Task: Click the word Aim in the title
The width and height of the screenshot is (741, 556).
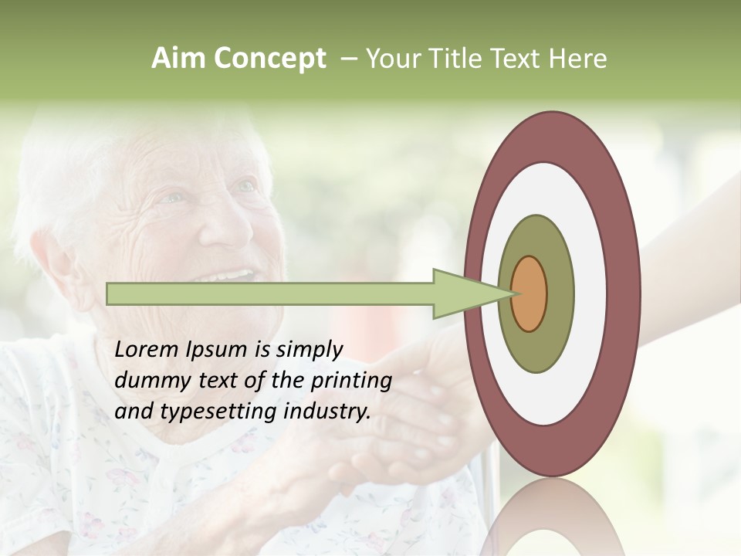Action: [x=178, y=58]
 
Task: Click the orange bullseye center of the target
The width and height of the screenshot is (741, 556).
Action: [x=530, y=293]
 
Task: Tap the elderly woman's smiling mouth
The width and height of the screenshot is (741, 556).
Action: [x=232, y=276]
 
